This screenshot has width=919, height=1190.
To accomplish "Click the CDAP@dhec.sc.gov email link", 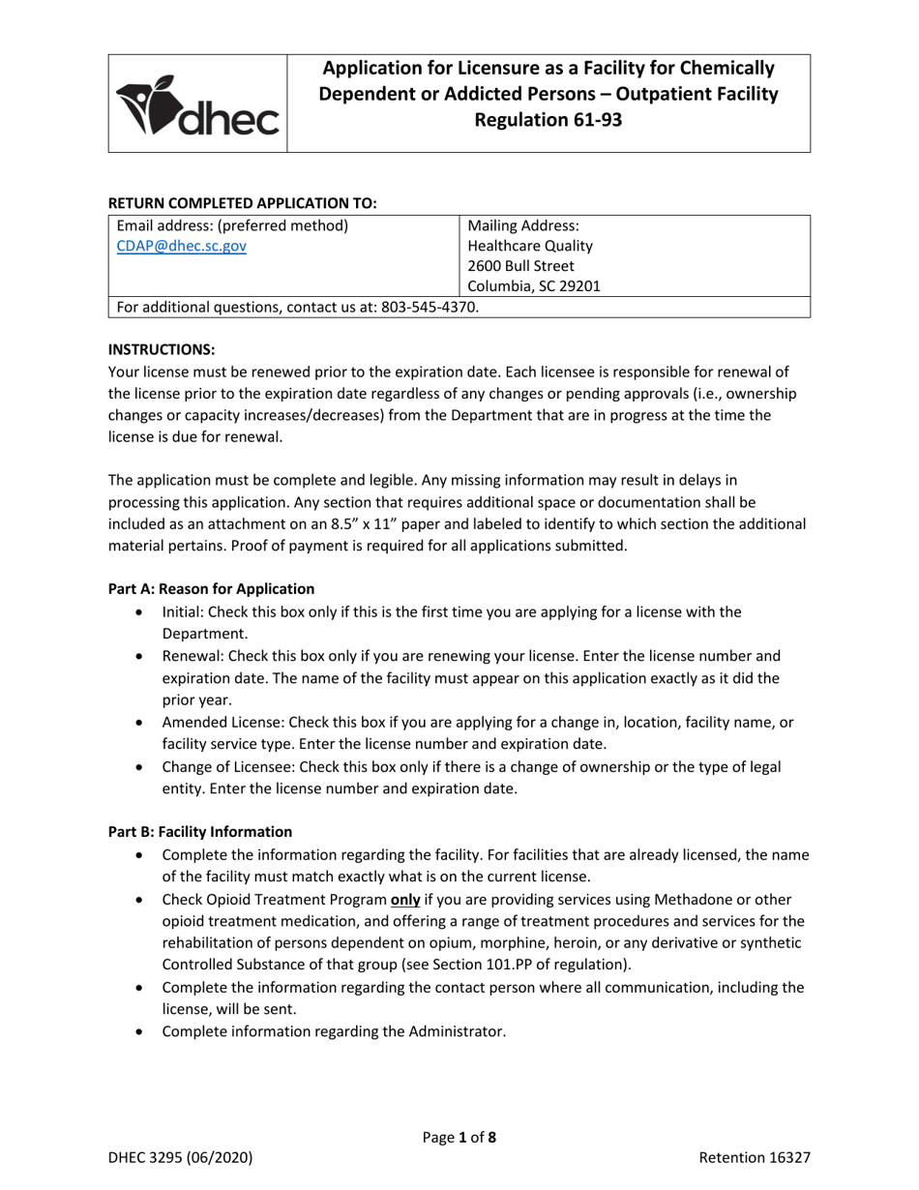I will click(x=181, y=247).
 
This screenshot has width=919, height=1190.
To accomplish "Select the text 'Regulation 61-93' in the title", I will click(x=548, y=120).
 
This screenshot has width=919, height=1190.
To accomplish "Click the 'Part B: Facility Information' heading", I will click(x=199, y=831).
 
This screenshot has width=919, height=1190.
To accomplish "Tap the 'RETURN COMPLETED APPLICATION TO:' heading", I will click(x=242, y=203).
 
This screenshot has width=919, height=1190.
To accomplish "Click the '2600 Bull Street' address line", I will click(x=520, y=266).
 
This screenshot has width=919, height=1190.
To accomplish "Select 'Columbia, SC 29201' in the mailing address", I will click(x=533, y=286).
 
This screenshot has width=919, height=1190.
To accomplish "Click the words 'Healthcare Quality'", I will click(x=530, y=246).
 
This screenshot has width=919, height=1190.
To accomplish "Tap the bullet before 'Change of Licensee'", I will click(x=143, y=767).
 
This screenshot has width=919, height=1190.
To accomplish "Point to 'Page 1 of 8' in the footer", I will click(x=459, y=1138).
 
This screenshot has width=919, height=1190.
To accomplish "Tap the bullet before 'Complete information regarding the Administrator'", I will click(x=143, y=1032).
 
